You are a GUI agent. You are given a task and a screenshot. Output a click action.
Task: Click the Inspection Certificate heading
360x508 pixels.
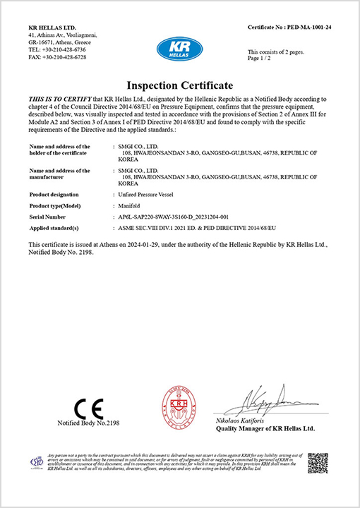point(179,85)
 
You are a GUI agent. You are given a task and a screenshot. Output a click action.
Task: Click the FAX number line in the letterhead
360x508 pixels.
point(57,57)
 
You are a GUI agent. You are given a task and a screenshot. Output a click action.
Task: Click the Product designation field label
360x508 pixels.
point(56,193)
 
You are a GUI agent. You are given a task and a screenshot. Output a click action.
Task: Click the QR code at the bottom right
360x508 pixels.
point(318,464)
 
